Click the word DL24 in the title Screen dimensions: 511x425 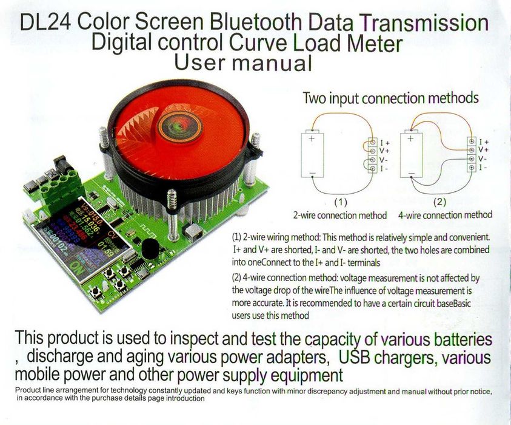click(x=45, y=23)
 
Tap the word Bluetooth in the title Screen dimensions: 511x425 click(x=256, y=22)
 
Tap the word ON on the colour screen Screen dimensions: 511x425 click(x=77, y=268)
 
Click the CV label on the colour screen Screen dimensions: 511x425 click(x=114, y=235)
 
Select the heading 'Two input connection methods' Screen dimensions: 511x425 click(x=391, y=98)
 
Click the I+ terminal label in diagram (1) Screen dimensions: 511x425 click(x=384, y=143)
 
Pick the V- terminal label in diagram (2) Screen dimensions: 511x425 click(x=483, y=158)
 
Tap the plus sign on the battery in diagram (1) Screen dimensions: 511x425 click(x=312, y=138)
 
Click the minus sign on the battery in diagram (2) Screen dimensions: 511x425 click(x=411, y=172)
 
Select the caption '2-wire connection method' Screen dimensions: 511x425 click(x=340, y=216)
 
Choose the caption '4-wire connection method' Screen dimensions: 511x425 click(x=445, y=215)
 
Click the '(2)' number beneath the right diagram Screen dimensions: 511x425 click(x=439, y=202)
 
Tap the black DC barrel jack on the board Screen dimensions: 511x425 click(x=61, y=166)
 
